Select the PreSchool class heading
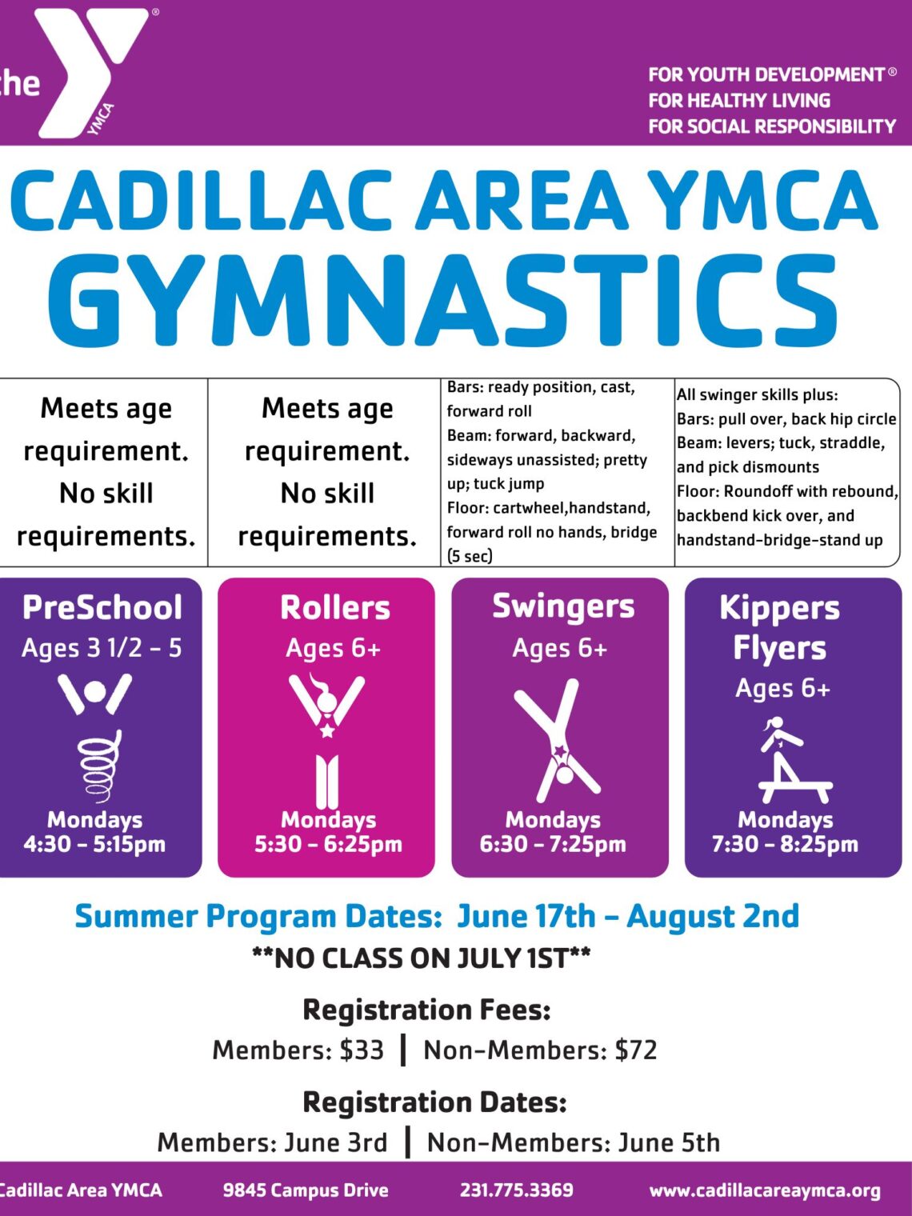(102, 607)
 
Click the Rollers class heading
(335, 607)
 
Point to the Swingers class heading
(563, 606)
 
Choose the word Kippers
(779, 607)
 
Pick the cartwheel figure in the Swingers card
(558, 741)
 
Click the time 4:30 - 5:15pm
(94, 844)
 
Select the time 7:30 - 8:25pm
(785, 844)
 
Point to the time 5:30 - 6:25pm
(328, 844)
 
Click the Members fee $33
(362, 1050)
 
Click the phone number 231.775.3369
(516, 1190)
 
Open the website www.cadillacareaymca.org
(765, 1190)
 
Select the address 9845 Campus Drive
(306, 1190)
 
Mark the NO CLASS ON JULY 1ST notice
(422, 958)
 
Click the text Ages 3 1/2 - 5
(102, 648)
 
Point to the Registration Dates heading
(434, 1102)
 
